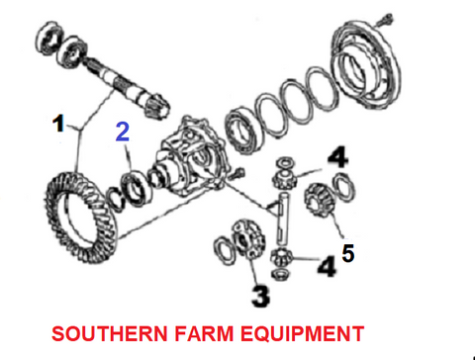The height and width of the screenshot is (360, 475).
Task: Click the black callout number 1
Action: pyautogui.click(x=58, y=124)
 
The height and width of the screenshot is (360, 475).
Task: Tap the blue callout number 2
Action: pyautogui.click(x=123, y=132)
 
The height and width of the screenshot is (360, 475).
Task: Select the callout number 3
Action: pyautogui.click(x=260, y=296)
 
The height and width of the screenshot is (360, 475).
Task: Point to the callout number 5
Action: pyautogui.click(x=348, y=253)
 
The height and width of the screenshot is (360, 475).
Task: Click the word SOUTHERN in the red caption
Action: pyautogui.click(x=110, y=333)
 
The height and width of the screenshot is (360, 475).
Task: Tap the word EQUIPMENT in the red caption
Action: pyautogui.click(x=302, y=333)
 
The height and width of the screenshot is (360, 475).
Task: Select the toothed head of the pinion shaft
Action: pyautogui.click(x=155, y=106)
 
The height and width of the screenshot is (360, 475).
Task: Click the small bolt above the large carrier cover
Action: pyautogui.click(x=385, y=20)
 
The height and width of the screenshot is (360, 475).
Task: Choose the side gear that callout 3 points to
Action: pyautogui.click(x=248, y=239)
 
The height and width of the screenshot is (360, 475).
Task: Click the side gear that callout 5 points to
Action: pyautogui.click(x=320, y=200)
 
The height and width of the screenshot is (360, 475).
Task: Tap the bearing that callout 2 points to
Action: pyautogui.click(x=137, y=189)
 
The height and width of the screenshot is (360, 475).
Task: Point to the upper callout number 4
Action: pyautogui.click(x=337, y=157)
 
